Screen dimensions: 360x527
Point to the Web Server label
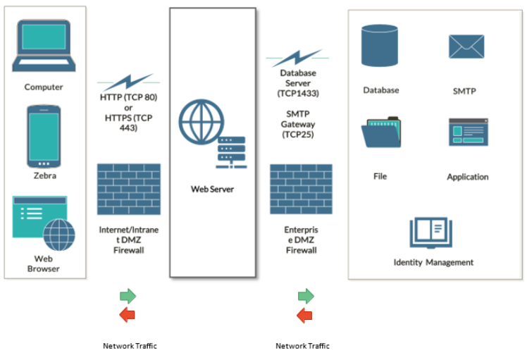[x=212, y=189]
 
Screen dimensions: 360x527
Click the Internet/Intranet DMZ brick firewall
[x=128, y=189]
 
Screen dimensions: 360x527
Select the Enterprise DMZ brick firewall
[x=301, y=189]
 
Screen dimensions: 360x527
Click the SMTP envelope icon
[x=466, y=46]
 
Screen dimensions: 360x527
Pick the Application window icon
[x=468, y=132]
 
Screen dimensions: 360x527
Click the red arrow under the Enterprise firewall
[x=304, y=315]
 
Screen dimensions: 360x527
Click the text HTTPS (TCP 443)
[x=128, y=123]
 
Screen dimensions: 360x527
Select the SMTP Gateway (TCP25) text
[x=298, y=124]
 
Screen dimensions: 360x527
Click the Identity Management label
[x=433, y=262]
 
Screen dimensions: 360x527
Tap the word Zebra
[x=44, y=175]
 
